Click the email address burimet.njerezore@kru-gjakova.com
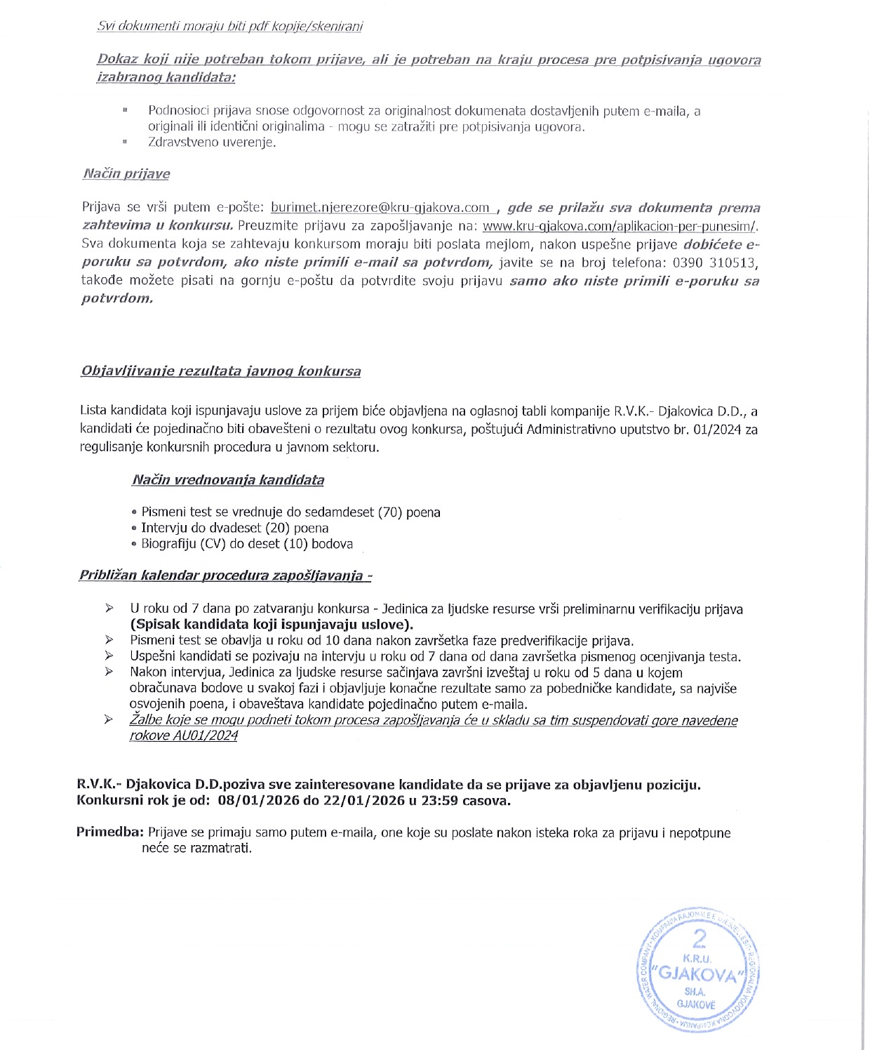[x=380, y=208]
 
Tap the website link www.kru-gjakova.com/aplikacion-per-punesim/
[x=620, y=226]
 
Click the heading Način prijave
[x=126, y=173]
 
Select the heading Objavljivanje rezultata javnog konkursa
[x=221, y=371]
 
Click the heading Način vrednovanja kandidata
[x=228, y=480]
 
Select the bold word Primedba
[x=109, y=833]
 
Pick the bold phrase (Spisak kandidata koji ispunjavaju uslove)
[x=272, y=625]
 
